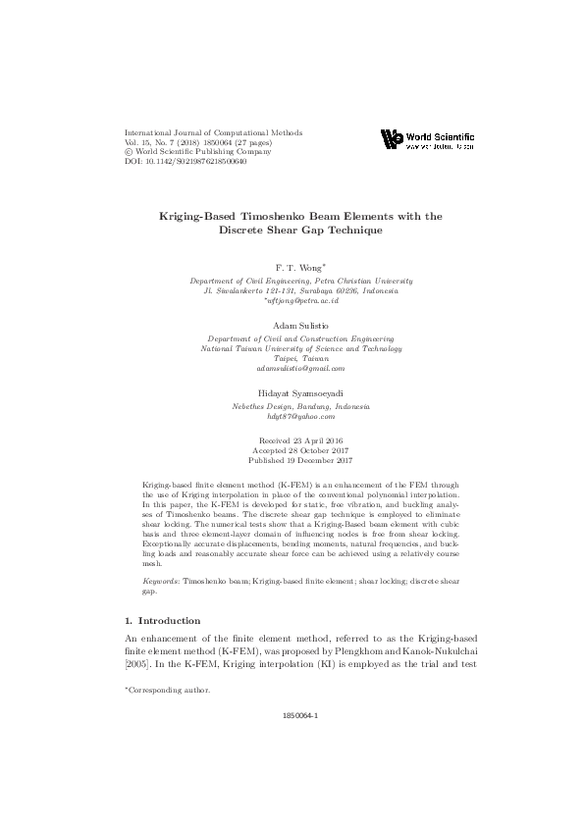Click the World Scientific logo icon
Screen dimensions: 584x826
point(392,139)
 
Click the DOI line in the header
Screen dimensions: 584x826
point(186,161)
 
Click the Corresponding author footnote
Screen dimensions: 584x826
point(167,691)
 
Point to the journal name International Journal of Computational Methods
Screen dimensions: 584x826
point(213,131)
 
